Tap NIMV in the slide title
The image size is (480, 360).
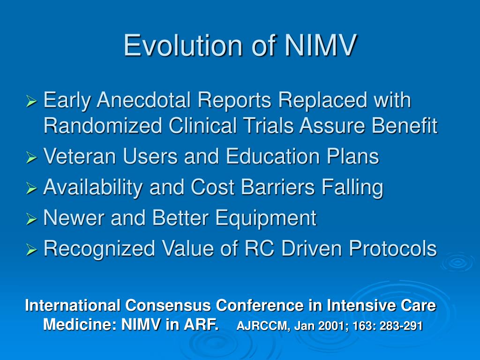pos(321,45)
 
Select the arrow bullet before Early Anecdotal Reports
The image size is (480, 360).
pos(31,101)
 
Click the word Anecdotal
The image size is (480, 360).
pos(143,100)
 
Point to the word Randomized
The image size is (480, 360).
pos(103,126)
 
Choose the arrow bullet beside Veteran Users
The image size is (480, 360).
pos(31,157)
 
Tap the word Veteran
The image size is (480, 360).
pos(80,156)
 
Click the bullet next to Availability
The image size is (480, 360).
pos(31,188)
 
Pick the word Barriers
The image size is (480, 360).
pos(277,187)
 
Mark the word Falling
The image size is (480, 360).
pos(352,187)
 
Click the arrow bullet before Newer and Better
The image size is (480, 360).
pos(31,218)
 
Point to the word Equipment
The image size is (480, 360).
pos(266,218)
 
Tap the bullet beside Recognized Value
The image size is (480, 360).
pos(31,249)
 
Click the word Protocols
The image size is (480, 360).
pos(393,248)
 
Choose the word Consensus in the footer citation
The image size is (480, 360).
pos(168,305)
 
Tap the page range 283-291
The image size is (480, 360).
pos(401,326)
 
